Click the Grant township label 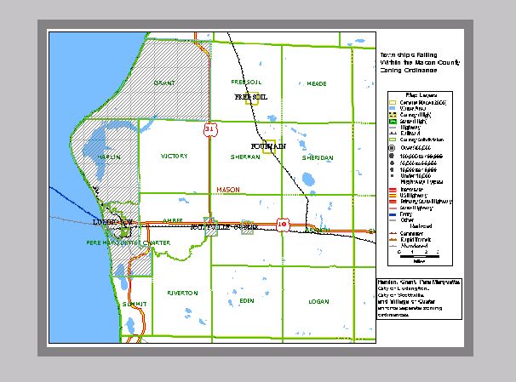tap(164, 83)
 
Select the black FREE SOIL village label tap(250, 97)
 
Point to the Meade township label tap(316, 83)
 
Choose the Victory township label tap(174, 157)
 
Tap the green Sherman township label tap(245, 157)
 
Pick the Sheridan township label tap(316, 157)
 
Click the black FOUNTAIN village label tap(269, 146)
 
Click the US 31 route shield tap(209, 129)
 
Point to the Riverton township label tap(182, 292)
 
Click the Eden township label tap(247, 301)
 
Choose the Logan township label tap(318, 301)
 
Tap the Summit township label tap(135, 304)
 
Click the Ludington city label tap(111, 222)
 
